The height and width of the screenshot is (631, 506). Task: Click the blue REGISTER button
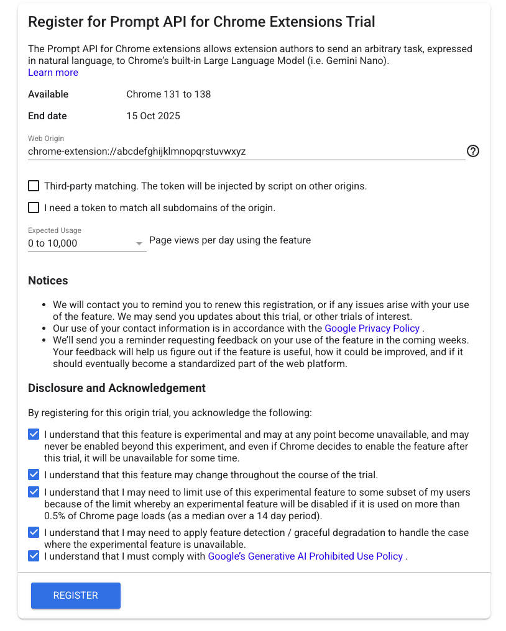[75, 595]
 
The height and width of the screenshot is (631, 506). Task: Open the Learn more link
[53, 73]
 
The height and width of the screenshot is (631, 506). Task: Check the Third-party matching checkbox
[34, 186]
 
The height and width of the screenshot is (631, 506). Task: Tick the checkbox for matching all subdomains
[34, 207]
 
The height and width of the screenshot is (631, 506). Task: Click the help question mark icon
[472, 151]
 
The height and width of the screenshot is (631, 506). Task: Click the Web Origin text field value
[137, 151]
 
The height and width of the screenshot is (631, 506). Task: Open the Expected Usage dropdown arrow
[139, 244]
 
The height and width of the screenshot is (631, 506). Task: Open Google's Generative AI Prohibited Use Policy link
[305, 556]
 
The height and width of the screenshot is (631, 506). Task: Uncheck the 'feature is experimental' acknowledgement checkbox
[34, 435]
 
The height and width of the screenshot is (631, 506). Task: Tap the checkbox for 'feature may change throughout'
[34, 474]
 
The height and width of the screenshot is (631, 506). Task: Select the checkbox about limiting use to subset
[34, 492]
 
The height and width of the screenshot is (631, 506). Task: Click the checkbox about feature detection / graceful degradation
[34, 532]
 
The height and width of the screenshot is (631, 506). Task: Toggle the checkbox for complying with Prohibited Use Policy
[34, 556]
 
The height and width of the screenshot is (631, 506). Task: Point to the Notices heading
[48, 281]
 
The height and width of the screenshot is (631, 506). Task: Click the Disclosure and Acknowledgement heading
[117, 388]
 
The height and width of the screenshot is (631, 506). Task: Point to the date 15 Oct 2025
[153, 116]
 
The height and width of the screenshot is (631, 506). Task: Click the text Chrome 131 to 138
[168, 94]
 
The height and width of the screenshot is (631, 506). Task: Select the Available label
[48, 94]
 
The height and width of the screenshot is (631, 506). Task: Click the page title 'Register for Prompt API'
[201, 22]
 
